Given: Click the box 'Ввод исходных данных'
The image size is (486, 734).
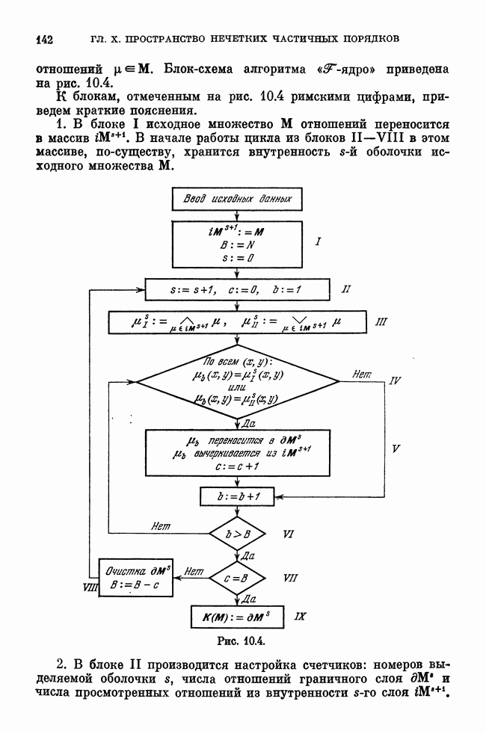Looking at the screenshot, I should click(237, 200).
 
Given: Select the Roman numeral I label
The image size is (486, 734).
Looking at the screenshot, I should click(317, 241).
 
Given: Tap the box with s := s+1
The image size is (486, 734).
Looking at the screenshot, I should click(237, 288).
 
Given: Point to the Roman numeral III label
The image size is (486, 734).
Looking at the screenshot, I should click(382, 323).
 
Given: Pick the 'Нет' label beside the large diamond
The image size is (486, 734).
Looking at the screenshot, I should click(363, 374).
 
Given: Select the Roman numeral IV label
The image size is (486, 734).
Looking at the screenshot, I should click(396, 380).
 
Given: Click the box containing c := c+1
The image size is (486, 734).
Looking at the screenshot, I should click(237, 452).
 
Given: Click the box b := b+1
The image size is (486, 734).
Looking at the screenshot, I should click(237, 495).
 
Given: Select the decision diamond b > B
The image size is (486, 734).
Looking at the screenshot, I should click(237, 534).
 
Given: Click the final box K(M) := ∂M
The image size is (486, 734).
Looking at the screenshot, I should click(237, 617).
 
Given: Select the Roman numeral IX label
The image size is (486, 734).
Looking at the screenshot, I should click(301, 617).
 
